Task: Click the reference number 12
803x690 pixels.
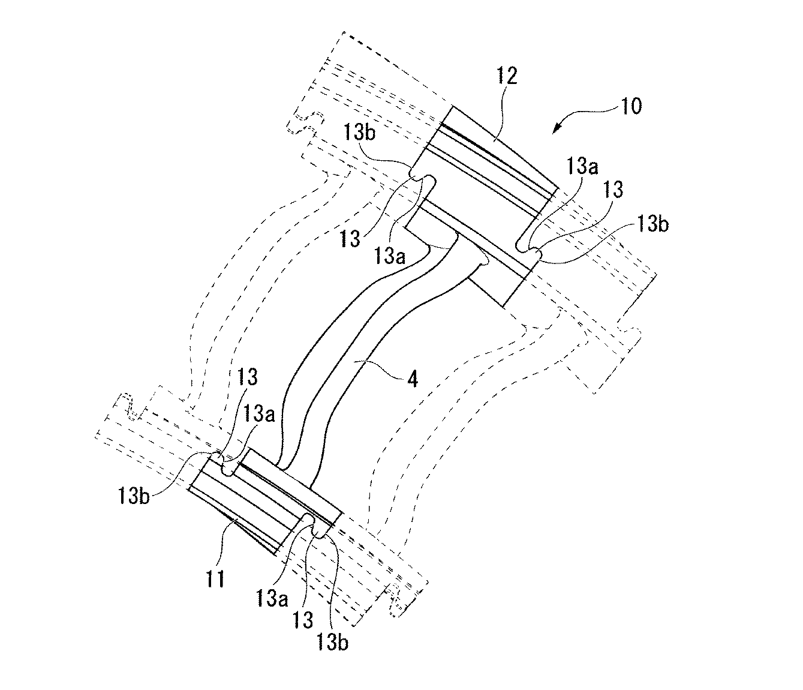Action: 507,76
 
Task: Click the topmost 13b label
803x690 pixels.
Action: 359,133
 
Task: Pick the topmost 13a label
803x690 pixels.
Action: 582,166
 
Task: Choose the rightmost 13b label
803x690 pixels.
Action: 652,224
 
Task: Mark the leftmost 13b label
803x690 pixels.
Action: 133,496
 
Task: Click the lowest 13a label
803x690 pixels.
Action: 272,599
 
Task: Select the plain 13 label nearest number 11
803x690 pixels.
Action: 303,620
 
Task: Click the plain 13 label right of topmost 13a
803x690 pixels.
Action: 613,190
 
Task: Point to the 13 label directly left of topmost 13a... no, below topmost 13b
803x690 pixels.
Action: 350,238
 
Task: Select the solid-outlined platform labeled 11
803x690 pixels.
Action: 264,502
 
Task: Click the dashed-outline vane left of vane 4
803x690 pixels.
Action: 249,272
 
